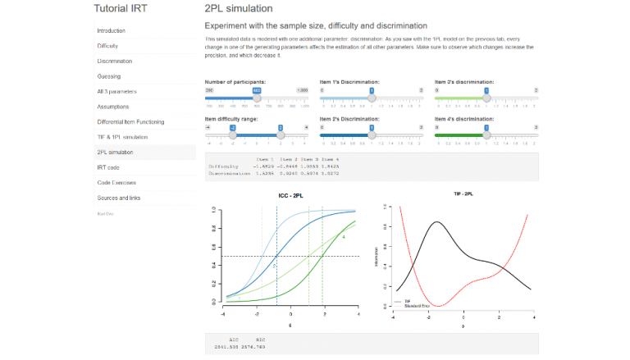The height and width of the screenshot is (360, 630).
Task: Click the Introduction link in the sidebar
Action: [112, 31]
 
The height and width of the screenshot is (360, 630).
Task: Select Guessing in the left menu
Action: [109, 76]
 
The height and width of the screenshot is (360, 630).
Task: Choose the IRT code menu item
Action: [109, 166]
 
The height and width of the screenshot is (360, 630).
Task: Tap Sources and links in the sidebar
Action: [119, 198]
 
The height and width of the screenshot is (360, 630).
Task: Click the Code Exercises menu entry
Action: [116, 182]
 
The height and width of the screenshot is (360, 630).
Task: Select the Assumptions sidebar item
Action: [113, 107]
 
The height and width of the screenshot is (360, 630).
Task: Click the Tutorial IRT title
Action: [126, 9]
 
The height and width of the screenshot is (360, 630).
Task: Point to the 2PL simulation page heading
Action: [238, 9]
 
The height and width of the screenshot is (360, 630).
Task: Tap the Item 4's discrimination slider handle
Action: [486, 134]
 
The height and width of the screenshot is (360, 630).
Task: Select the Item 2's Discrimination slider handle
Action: [372, 134]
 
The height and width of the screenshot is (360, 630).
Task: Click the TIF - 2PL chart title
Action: [464, 194]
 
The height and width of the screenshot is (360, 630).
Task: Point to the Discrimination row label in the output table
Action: [227, 173]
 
